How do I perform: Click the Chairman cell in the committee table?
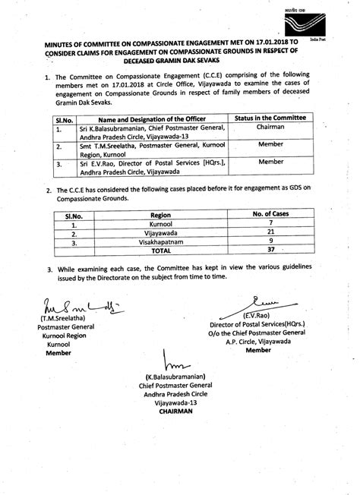tap(271, 129)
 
